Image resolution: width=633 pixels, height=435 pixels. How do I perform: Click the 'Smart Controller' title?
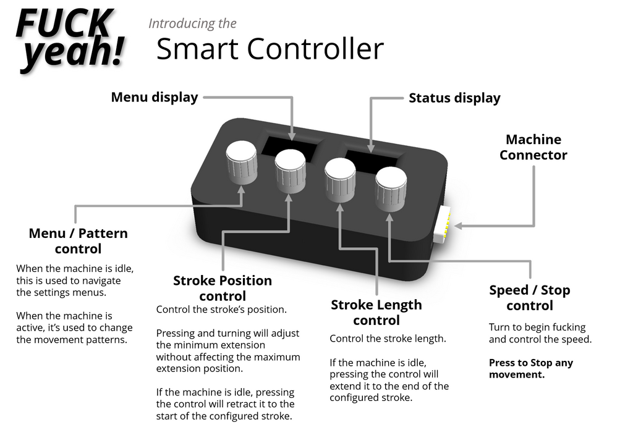click(x=270, y=49)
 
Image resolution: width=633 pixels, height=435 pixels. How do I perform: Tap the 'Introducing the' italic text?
click(x=192, y=24)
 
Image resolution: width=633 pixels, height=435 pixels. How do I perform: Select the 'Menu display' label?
click(x=155, y=97)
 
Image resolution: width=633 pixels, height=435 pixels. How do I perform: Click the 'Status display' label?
click(x=454, y=98)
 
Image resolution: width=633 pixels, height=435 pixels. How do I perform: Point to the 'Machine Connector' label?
click(x=533, y=147)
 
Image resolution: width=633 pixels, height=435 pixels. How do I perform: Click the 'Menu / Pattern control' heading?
click(x=78, y=241)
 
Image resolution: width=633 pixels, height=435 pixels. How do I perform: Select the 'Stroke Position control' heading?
click(x=223, y=288)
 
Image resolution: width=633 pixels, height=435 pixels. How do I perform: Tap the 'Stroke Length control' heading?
click(x=376, y=312)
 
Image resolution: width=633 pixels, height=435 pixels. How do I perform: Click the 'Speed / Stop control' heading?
click(x=529, y=297)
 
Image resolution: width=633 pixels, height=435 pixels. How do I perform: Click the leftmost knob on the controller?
click(x=241, y=162)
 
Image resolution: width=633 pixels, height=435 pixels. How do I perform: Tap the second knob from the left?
click(x=291, y=169)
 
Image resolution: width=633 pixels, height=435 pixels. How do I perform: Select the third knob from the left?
click(x=340, y=178)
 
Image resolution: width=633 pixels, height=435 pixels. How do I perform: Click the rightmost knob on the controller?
click(x=391, y=187)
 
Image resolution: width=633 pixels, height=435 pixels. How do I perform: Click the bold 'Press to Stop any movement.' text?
click(x=530, y=368)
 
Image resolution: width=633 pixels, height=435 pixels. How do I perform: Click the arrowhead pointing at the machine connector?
click(x=458, y=226)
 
